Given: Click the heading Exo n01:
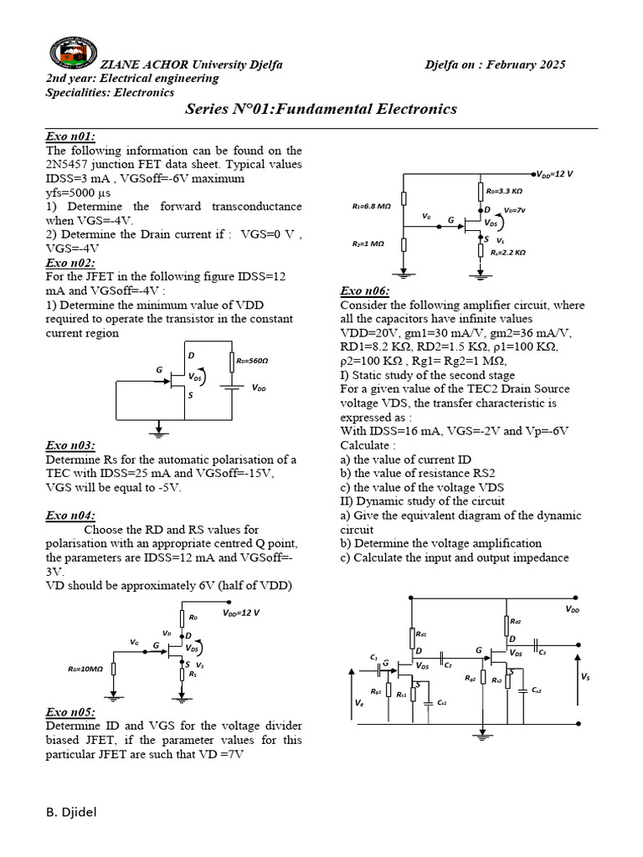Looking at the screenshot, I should coord(70,137).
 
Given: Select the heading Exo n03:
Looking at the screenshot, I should coord(70,445).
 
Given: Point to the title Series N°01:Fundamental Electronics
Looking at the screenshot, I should coord(321,110).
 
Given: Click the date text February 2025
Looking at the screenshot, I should coord(527,65).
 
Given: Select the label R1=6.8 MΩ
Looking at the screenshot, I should coord(372,204).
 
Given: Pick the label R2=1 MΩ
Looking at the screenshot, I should coord(368,244).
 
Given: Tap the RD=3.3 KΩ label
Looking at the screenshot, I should coord(505,191).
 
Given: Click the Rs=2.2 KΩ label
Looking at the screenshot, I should coord(507,252).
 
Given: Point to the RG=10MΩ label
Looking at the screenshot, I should coord(85,670).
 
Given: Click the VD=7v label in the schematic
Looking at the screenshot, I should coord(514,211).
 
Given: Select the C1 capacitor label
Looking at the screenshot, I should coord(373,657).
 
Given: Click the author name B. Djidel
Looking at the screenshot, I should coord(73,812).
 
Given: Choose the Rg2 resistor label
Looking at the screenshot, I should coord(471,679).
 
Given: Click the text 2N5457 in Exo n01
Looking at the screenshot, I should coord(68,165).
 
